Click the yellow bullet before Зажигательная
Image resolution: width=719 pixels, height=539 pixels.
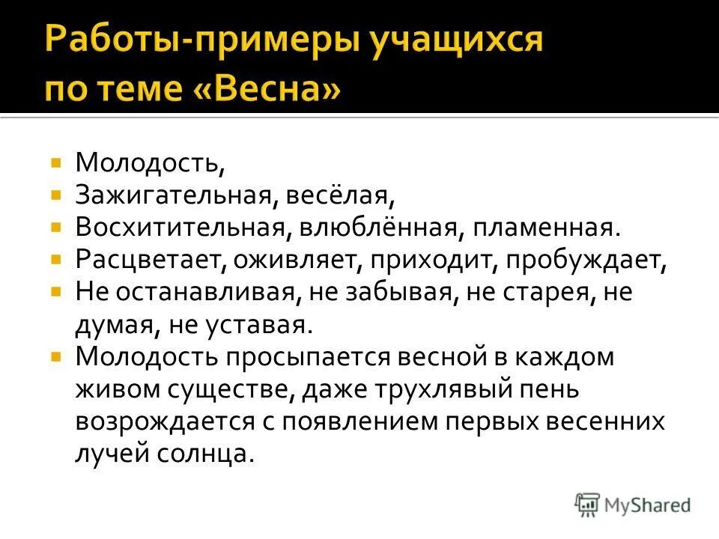tap(56, 194)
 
